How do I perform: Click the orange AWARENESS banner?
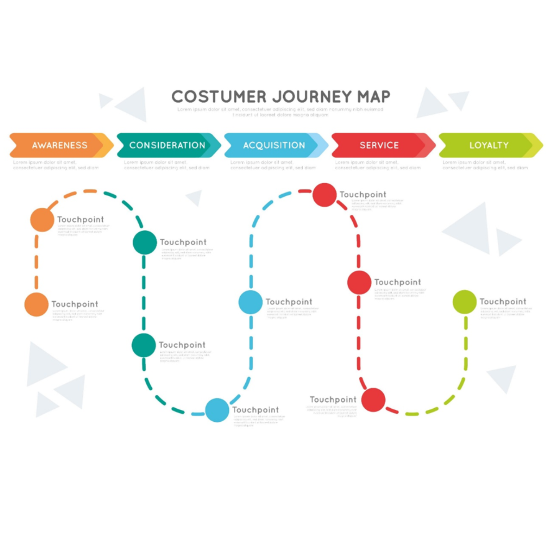60,145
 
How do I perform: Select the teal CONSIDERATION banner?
167,145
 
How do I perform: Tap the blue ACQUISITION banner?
274,145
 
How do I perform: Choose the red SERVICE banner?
379,145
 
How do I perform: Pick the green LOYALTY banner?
489,145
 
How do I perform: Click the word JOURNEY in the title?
311,97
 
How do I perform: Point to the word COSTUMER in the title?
219,97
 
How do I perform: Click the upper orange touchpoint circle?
42,220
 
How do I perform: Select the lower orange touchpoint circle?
36,305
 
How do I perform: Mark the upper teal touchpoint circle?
145,242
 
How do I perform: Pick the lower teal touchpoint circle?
143,345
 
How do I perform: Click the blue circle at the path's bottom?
217,410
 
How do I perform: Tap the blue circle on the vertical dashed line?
250,302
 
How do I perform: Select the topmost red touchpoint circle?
324,195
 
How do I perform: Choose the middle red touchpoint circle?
359,283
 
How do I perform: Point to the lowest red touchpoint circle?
373,400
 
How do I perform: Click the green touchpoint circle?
464,302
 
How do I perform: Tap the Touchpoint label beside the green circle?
503,302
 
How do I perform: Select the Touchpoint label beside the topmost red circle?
363,195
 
